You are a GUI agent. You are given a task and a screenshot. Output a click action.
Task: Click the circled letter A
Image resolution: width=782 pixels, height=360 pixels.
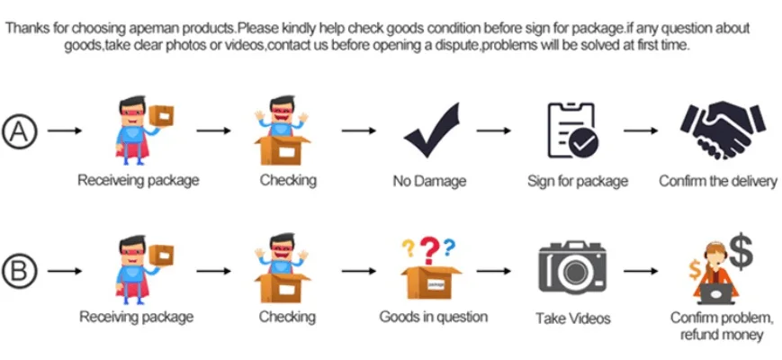pyautogui.click(x=19, y=130)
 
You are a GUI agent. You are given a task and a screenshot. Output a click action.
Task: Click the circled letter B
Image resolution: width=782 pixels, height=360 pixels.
pyautogui.click(x=19, y=271)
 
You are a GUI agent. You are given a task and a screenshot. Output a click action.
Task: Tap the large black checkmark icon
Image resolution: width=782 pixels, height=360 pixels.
pyautogui.click(x=432, y=130)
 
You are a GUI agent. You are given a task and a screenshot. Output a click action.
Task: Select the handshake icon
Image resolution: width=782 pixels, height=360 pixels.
pyautogui.click(x=723, y=130)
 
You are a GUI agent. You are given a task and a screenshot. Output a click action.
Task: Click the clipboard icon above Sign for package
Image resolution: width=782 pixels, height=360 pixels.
pyautogui.click(x=572, y=130)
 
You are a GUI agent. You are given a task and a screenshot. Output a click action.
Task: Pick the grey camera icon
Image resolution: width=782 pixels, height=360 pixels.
pyautogui.click(x=572, y=268)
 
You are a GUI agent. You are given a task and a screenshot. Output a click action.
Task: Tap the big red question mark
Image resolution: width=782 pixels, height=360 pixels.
pyautogui.click(x=429, y=250)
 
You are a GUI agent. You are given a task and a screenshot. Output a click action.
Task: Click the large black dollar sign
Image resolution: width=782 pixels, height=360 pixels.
pyautogui.click(x=741, y=251)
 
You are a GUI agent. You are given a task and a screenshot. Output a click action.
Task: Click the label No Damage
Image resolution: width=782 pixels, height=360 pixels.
pyautogui.click(x=429, y=182)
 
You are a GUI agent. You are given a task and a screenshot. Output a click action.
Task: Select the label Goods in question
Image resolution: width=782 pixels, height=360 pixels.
pyautogui.click(x=433, y=316)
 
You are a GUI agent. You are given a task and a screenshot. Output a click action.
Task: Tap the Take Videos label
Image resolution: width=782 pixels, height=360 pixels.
pyautogui.click(x=572, y=318)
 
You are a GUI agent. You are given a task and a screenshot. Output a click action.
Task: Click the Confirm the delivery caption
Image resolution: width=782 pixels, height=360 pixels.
pyautogui.click(x=718, y=181)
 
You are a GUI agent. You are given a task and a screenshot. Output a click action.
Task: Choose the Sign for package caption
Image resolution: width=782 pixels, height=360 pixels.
pyautogui.click(x=578, y=182)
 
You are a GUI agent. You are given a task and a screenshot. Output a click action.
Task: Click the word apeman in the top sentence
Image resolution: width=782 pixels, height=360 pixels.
pyautogui.click(x=133, y=29)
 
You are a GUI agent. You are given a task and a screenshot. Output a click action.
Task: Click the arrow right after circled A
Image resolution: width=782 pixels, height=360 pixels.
pyautogui.click(x=65, y=130)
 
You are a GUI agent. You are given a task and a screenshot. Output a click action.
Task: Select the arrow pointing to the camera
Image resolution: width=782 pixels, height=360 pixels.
pyautogui.click(x=494, y=271)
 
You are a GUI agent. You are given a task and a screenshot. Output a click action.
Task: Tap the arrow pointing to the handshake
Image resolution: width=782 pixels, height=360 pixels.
pyautogui.click(x=641, y=130)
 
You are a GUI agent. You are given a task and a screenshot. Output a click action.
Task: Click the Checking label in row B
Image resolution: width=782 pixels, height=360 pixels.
pyautogui.click(x=287, y=316)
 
